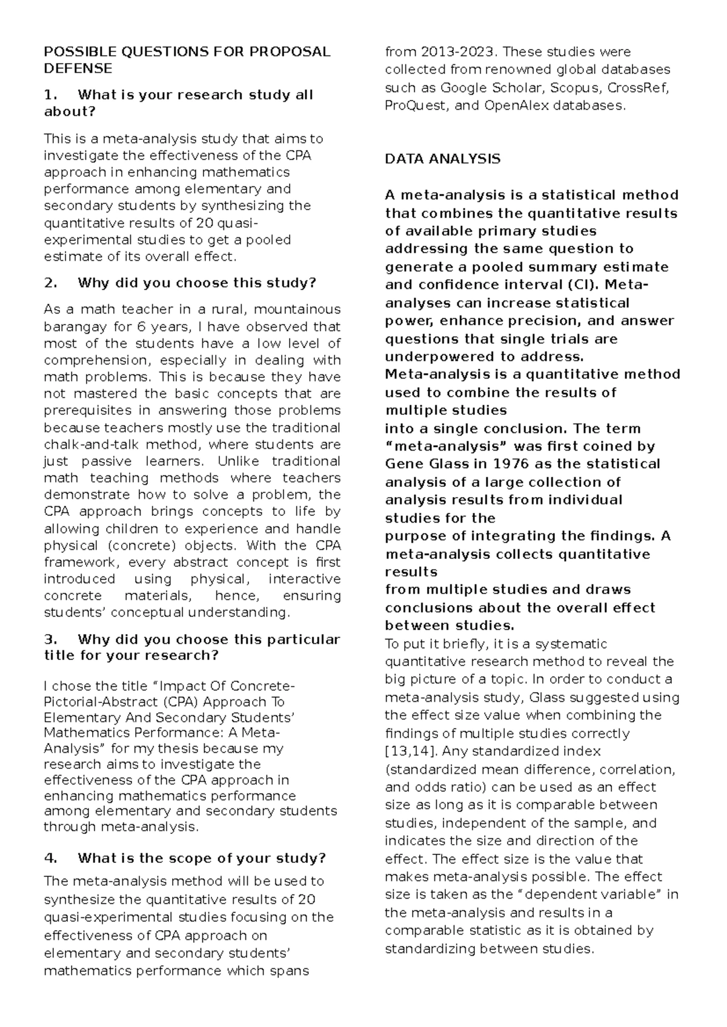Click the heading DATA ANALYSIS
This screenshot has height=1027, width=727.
pos(442,159)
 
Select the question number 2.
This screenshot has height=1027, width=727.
pos(50,283)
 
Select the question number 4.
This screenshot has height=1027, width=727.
pos(50,859)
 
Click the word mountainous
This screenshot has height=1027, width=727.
pos(298,310)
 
